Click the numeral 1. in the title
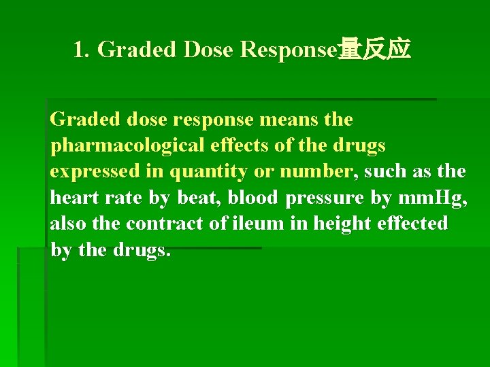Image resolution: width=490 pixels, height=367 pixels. point(82,50)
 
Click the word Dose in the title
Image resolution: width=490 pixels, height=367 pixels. point(207,50)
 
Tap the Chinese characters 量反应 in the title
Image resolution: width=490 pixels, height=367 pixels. point(374,50)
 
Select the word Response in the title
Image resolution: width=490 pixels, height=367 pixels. point(289,50)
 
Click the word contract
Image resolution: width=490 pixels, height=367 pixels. point(164,224)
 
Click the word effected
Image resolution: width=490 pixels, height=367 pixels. point(415,224)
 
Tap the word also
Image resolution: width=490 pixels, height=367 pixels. point(67,224)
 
